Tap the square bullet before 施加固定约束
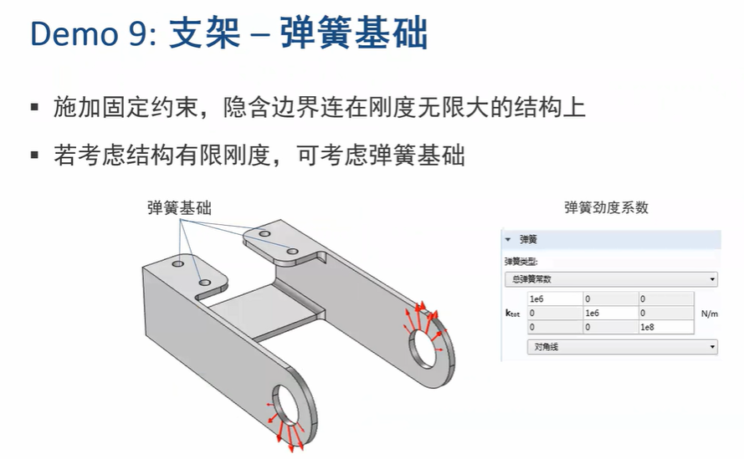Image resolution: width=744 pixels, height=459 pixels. pos(34,108)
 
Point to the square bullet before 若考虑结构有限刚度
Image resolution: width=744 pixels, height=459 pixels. pos(34,156)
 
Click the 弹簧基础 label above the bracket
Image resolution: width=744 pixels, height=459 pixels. pos(179,207)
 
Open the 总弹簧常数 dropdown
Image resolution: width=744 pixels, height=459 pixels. pos(610,279)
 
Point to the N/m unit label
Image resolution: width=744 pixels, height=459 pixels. pos(709,314)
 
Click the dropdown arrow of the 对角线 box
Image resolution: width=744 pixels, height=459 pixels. pos(712,346)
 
